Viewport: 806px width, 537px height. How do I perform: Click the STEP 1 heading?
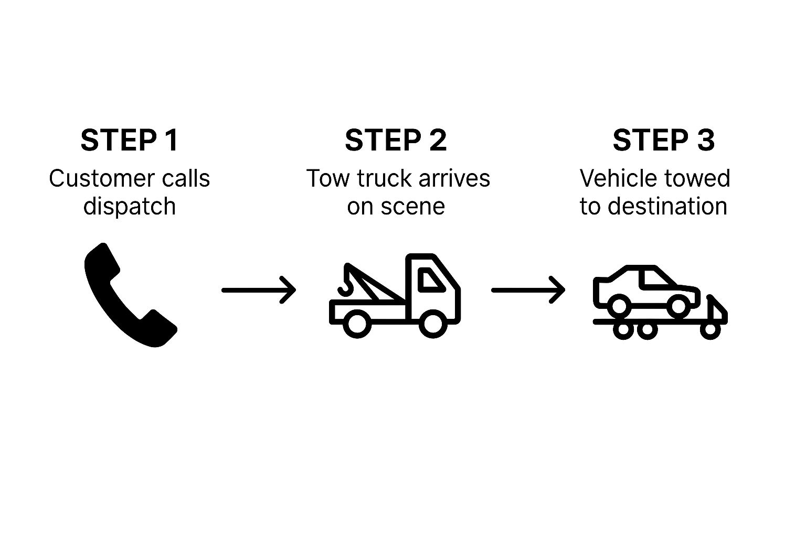(129, 140)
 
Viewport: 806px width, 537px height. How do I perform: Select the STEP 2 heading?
(396, 140)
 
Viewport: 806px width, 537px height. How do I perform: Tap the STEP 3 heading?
(663, 140)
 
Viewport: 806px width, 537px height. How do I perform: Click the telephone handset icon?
(130, 295)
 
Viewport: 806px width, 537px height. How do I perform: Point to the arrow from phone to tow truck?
(258, 289)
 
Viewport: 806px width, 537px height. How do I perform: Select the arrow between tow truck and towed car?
(528, 289)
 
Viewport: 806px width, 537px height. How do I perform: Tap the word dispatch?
(129, 206)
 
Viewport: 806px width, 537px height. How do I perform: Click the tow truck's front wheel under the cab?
(433, 323)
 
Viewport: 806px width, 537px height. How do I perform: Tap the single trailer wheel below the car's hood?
(710, 329)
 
